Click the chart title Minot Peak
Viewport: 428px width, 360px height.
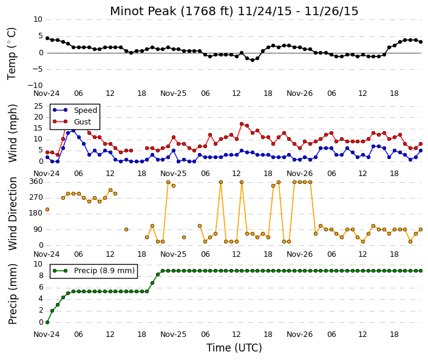coord(143,11)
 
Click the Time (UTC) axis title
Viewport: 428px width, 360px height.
coord(234,348)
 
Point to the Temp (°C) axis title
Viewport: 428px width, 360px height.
coord(12,54)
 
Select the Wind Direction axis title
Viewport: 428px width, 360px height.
coord(13,214)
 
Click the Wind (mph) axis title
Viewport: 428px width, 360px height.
coord(13,134)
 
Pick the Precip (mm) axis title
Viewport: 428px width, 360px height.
coord(13,294)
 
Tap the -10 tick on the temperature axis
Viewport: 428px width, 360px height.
coord(35,86)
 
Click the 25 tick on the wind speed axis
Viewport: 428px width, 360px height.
coord(38,106)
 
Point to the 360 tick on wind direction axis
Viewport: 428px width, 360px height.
coord(36,182)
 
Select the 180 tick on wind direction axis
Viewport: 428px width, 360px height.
coord(36,214)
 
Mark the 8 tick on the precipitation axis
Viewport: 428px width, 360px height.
coord(41,276)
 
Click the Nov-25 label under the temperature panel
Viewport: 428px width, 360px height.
coord(174,93)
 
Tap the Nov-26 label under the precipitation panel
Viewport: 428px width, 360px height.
coord(300,335)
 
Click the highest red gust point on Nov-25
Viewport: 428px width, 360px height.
coord(242,124)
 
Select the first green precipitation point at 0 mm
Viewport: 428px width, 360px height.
coord(47,322)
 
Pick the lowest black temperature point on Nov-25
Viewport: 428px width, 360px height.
coord(253,60)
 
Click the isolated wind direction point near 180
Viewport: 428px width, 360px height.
coord(47,209)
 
